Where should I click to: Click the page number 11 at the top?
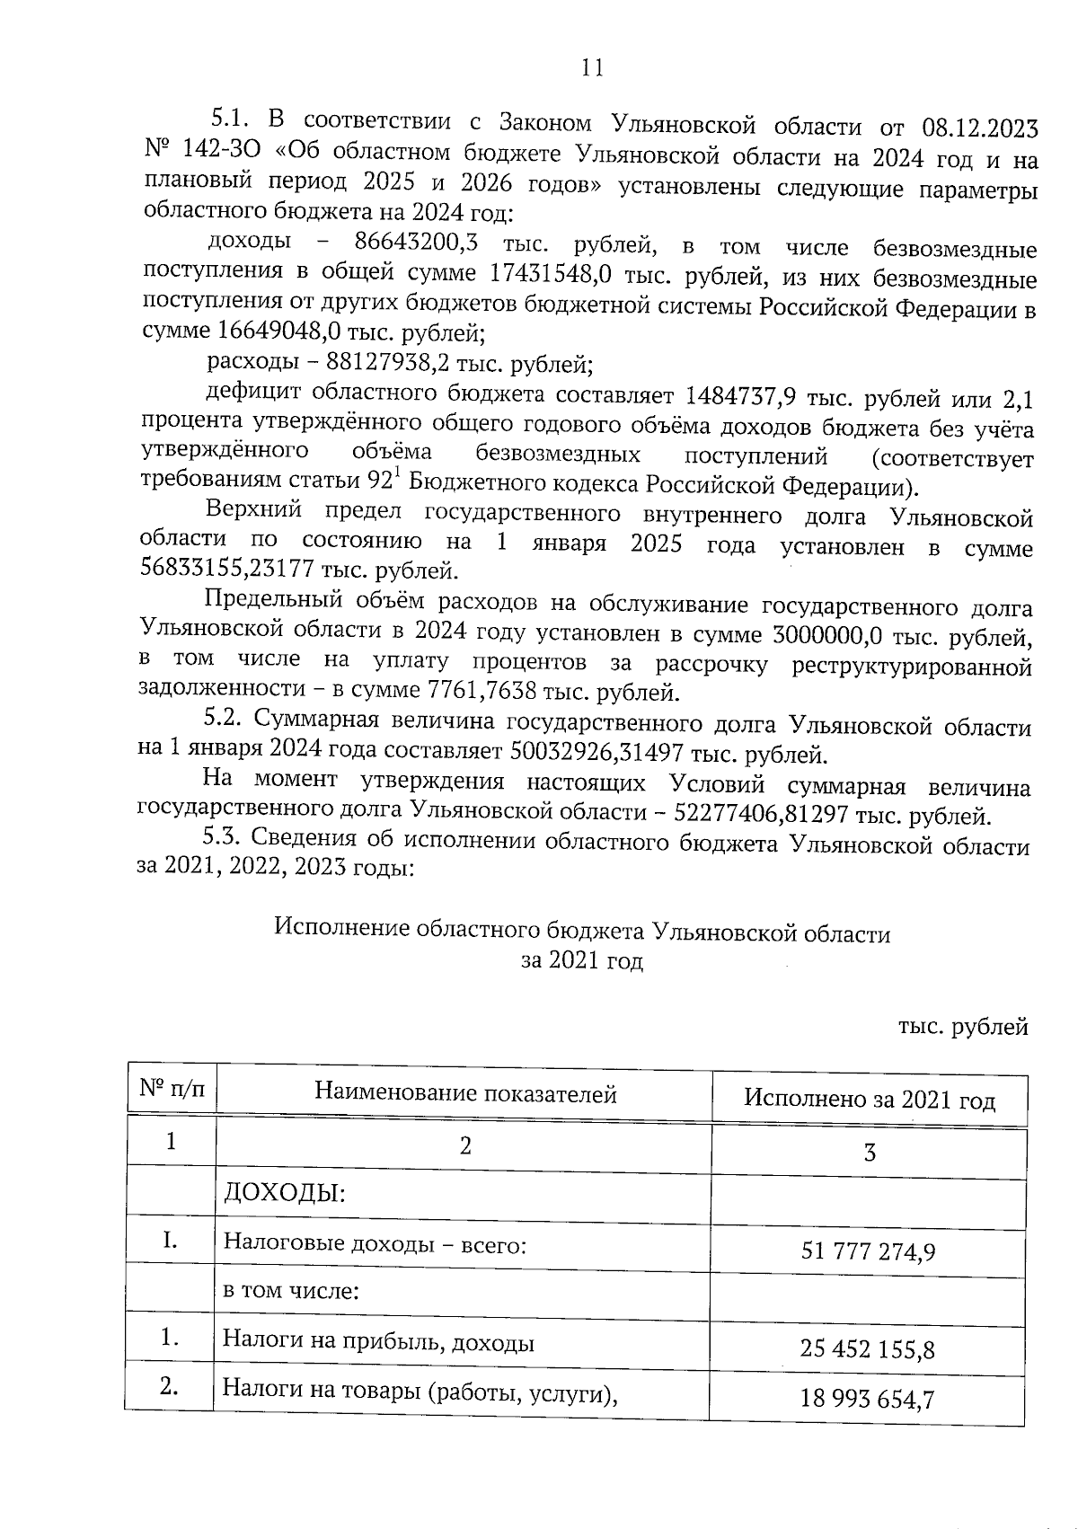tap(592, 68)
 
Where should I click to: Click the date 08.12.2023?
tap(980, 128)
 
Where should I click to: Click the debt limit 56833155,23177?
tap(251, 570)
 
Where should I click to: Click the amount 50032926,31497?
tap(606, 751)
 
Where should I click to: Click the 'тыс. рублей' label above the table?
tap(963, 1027)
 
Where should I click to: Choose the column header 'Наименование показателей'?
tap(465, 1094)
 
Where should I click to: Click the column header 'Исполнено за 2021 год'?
tap(870, 1100)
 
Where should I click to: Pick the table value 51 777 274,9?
tap(868, 1250)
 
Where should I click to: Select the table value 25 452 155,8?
tap(868, 1348)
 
